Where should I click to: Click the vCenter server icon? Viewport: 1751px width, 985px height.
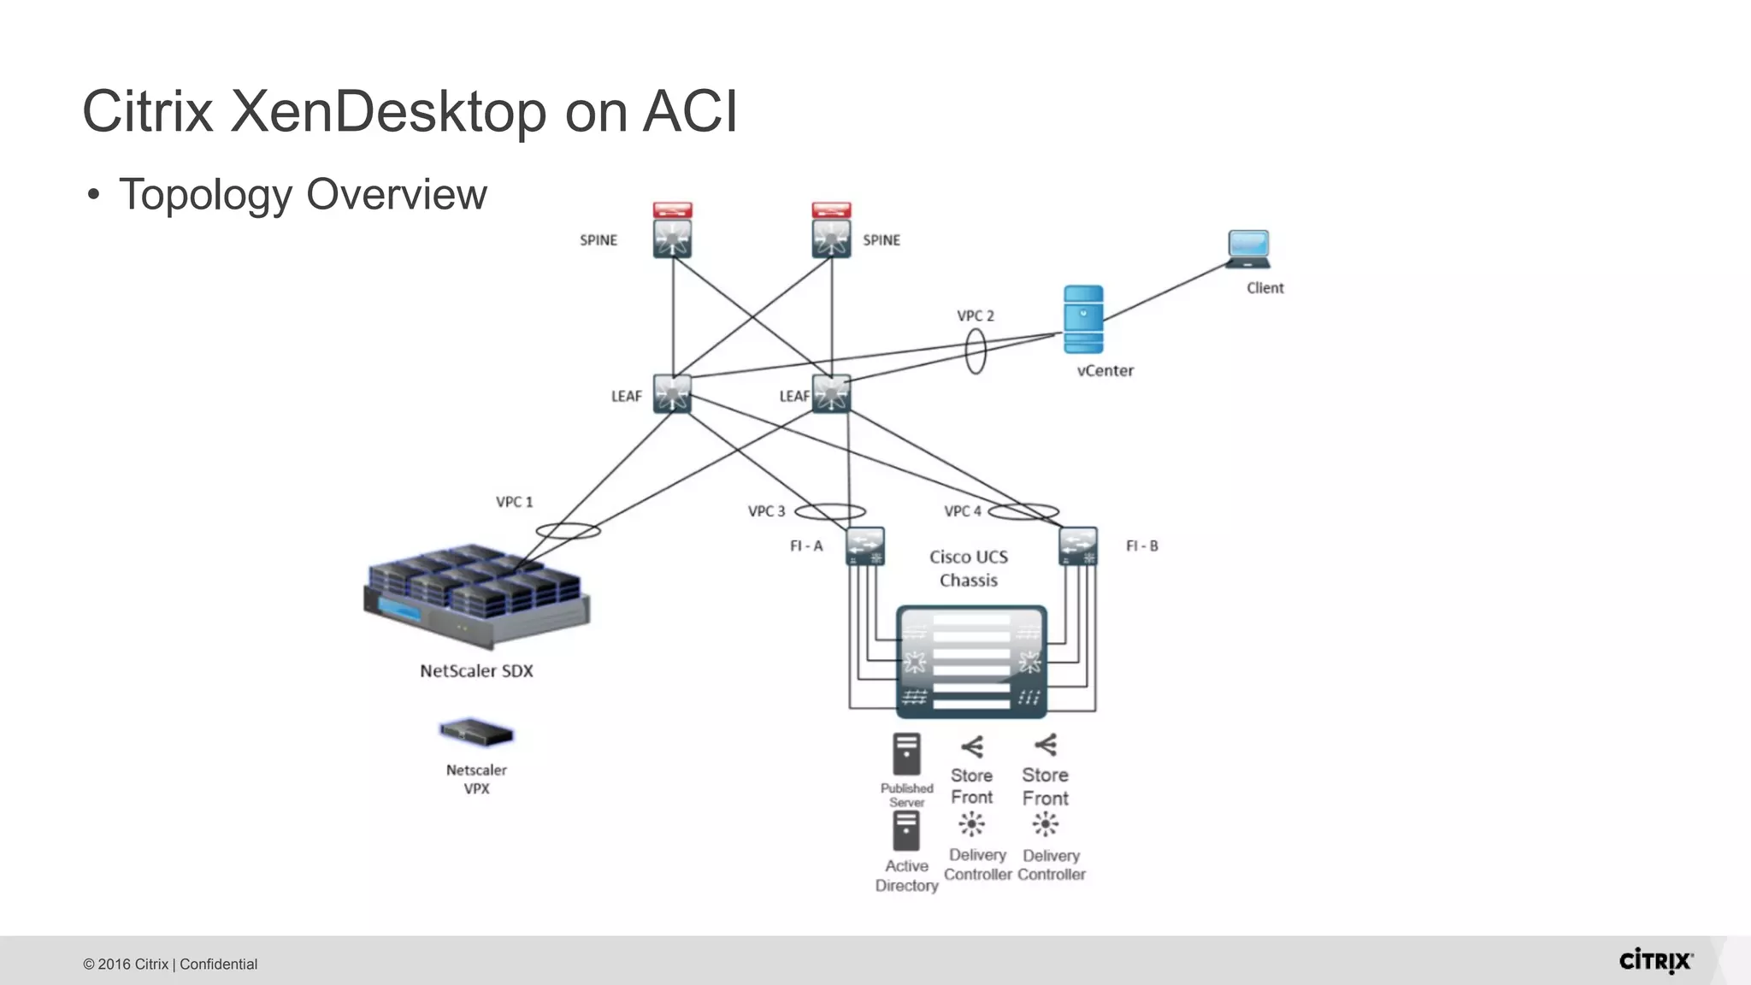[1083, 320]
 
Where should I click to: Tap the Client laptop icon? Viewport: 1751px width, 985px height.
[1248, 249]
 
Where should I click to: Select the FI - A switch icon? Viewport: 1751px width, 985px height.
[864, 546]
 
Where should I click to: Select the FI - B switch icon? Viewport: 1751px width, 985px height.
[1077, 546]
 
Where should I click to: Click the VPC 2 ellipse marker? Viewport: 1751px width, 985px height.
[976, 351]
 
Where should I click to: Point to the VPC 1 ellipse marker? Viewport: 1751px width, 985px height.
[568, 530]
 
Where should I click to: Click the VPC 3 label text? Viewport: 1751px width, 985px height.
[766, 511]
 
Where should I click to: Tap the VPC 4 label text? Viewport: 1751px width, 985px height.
[963, 511]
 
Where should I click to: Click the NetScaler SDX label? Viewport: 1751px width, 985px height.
[476, 671]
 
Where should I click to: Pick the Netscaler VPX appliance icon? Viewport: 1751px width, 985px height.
[476, 733]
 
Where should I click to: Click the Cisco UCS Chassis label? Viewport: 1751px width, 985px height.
[969, 569]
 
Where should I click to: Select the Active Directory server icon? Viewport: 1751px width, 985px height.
[906, 830]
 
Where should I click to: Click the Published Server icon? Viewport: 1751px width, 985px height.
[906, 753]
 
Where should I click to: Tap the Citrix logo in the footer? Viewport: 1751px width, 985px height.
[1655, 961]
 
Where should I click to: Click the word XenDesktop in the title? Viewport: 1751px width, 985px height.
[388, 111]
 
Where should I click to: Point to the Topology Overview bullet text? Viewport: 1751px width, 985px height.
[303, 194]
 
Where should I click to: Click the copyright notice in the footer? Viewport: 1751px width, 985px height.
[170, 964]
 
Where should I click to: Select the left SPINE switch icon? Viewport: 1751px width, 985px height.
[672, 239]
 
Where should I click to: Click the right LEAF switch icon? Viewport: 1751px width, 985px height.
[831, 394]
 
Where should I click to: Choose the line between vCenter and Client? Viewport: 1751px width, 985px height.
[1166, 291]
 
